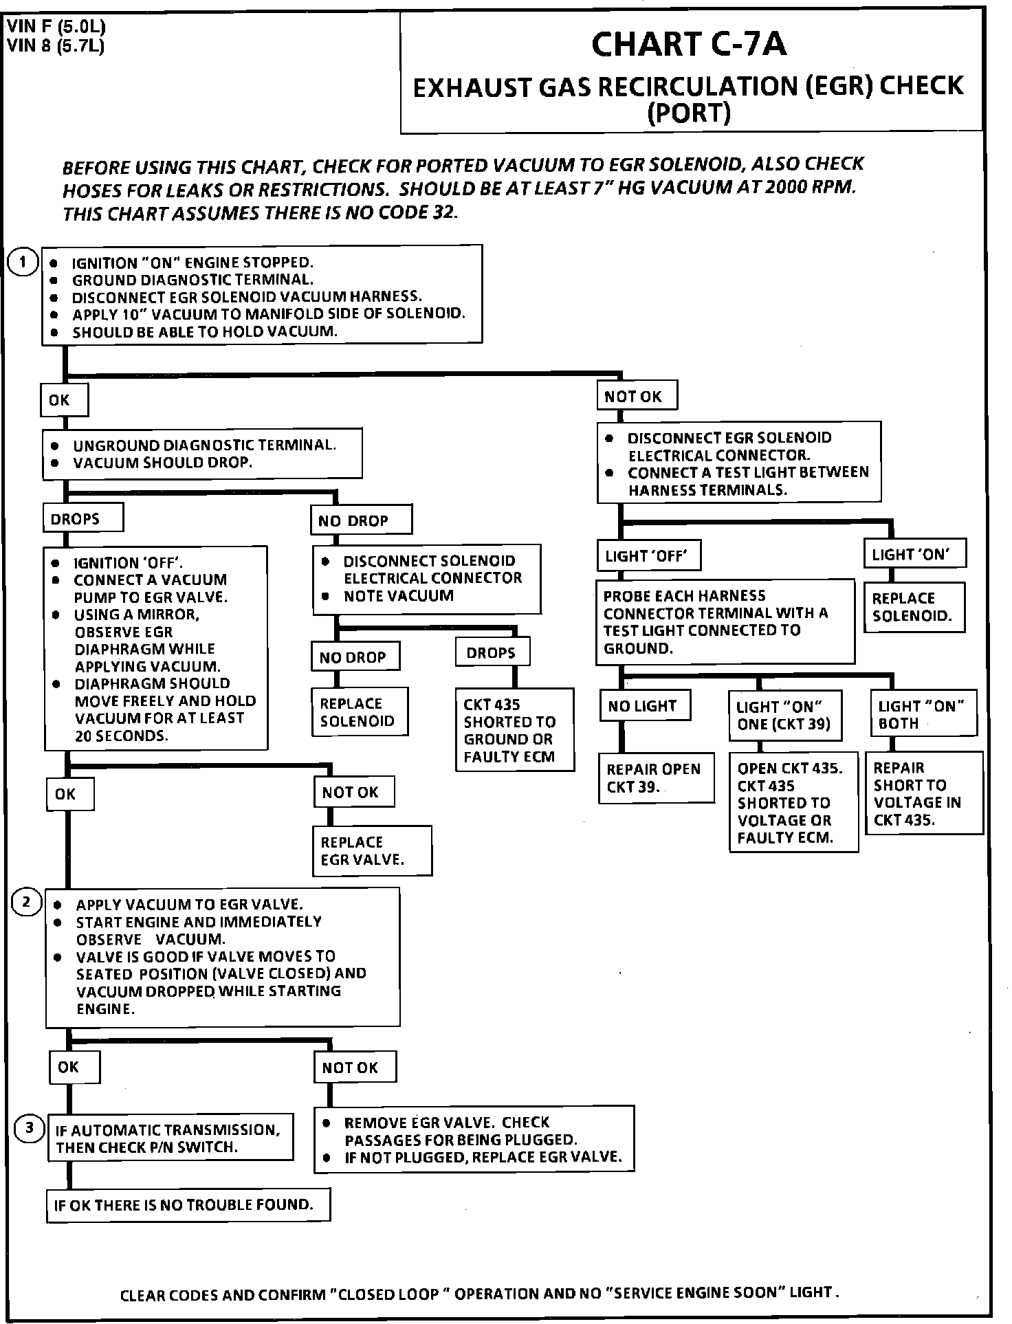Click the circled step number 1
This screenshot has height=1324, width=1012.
[x=23, y=263]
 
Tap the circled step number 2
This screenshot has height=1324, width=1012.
[x=26, y=902]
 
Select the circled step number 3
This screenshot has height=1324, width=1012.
[x=29, y=1128]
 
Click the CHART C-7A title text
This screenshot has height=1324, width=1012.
[x=689, y=45]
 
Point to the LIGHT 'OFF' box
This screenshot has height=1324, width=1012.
[x=648, y=555]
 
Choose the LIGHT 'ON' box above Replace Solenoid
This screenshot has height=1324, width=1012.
[x=914, y=553]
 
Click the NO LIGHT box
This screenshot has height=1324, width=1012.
[x=644, y=705]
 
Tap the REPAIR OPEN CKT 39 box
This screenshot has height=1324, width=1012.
[x=656, y=777]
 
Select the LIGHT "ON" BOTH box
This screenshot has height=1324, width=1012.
[x=923, y=715]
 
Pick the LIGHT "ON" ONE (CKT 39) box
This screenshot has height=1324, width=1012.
[x=784, y=716]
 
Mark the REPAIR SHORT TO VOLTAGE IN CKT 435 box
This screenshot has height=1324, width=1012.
[x=923, y=793]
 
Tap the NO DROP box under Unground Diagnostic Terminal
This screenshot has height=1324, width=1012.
[x=360, y=520]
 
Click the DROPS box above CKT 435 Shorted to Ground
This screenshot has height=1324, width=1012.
[x=492, y=652]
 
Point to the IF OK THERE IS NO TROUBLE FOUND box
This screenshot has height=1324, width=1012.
[x=188, y=1205]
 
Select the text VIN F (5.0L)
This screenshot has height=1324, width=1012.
[x=56, y=28]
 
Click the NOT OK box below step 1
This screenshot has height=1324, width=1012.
[x=636, y=397]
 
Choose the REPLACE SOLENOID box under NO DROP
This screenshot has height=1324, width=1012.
[x=360, y=712]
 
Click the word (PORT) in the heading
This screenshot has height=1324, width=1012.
[x=689, y=113]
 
